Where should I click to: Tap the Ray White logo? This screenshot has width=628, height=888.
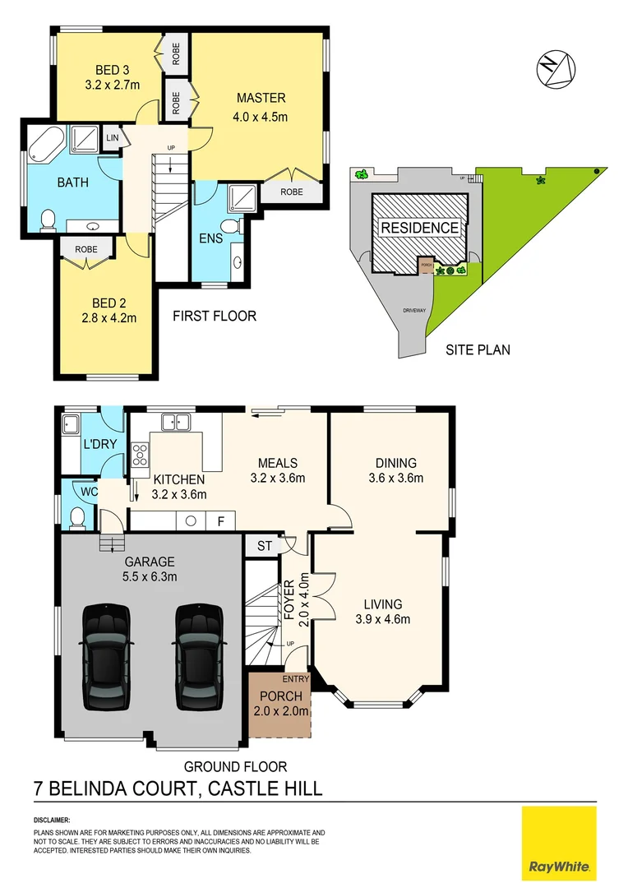click(x=559, y=843)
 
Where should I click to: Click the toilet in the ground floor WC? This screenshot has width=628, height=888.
click(x=77, y=517)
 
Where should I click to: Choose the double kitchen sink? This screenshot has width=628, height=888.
click(x=176, y=423)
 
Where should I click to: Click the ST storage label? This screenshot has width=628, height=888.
click(x=263, y=545)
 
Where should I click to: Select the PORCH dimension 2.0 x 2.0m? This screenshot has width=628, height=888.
click(x=280, y=711)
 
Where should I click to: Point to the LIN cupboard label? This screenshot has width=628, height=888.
click(x=113, y=137)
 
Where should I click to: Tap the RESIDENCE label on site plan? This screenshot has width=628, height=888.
click(x=419, y=228)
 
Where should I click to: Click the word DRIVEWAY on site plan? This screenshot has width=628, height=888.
click(x=413, y=310)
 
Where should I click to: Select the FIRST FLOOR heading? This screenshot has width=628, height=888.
click(x=215, y=316)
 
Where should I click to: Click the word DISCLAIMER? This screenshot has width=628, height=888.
click(x=52, y=821)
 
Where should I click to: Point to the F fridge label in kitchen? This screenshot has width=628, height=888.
click(x=220, y=520)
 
